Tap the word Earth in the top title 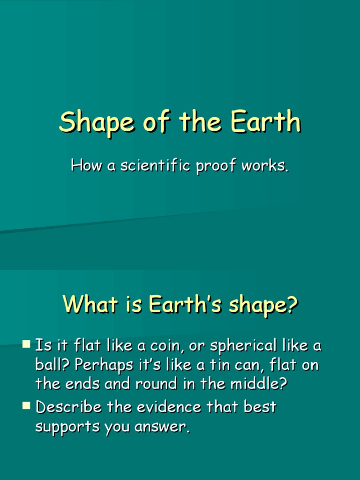tap(265, 122)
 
